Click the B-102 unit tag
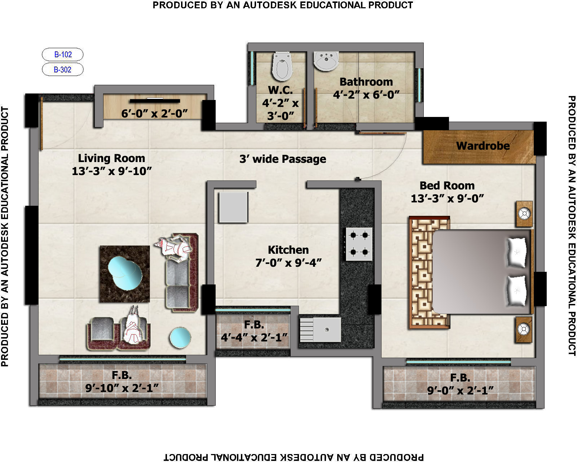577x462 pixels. (x=62, y=55)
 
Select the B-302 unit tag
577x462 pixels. (x=62, y=70)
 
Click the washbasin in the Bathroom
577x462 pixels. (x=326, y=61)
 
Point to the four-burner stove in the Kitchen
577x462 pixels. (x=359, y=244)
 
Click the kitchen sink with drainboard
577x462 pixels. (x=320, y=330)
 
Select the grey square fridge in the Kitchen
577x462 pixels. (x=233, y=207)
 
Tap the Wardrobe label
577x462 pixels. (x=483, y=146)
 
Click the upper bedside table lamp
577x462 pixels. (x=524, y=214)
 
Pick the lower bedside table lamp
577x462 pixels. (x=524, y=330)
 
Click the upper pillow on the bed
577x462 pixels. (x=517, y=252)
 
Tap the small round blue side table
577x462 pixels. (x=180, y=337)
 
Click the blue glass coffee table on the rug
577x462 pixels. (x=125, y=273)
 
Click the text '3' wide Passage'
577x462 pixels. (x=283, y=159)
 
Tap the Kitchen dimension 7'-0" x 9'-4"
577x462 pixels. (x=288, y=263)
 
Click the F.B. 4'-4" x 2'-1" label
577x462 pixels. (x=254, y=331)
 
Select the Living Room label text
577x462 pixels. (x=111, y=158)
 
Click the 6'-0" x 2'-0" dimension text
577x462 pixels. (x=154, y=114)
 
